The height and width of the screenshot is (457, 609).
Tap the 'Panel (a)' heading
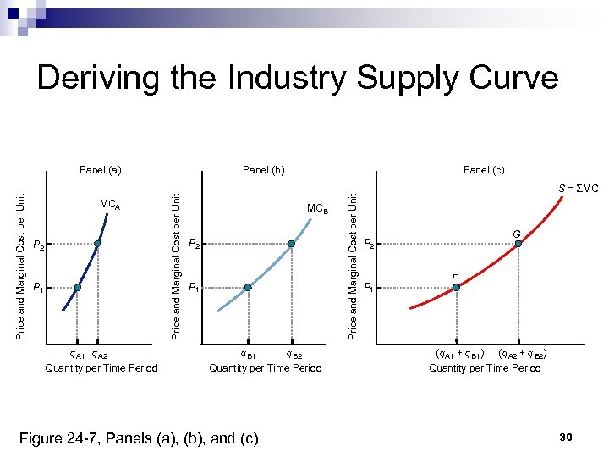(x=101, y=170)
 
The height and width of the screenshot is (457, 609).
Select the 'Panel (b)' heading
(x=264, y=170)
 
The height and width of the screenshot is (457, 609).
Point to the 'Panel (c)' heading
(x=484, y=170)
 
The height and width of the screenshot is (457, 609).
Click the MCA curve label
(x=110, y=205)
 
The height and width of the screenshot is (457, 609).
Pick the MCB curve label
(x=318, y=208)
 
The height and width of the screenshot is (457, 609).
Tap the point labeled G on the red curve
(x=519, y=244)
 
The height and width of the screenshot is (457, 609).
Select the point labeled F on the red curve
(x=456, y=288)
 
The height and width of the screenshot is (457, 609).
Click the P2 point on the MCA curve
(x=97, y=245)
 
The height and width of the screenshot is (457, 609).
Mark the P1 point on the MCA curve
(x=77, y=288)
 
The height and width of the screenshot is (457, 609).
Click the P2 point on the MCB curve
(x=292, y=244)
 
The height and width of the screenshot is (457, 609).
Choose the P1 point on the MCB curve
(x=248, y=288)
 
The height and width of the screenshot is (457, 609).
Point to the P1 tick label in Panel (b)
(x=194, y=288)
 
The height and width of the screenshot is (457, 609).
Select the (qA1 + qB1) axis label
(x=459, y=354)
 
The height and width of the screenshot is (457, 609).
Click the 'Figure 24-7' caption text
(x=140, y=438)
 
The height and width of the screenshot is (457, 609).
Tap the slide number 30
(x=567, y=437)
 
